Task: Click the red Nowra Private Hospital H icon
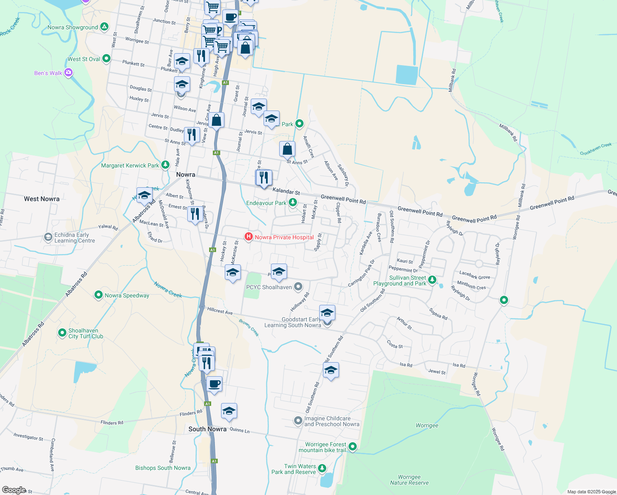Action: coord(248,237)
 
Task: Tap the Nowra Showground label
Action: coord(73,28)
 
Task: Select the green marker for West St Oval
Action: coord(106,59)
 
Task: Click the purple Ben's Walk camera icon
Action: coord(69,73)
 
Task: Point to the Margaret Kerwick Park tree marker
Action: coord(165,165)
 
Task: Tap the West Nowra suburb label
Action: coord(42,199)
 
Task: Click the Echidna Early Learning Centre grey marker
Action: coord(48,237)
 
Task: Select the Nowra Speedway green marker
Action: coord(99,295)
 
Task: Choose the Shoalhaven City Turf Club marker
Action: coord(62,332)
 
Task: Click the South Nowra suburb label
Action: coord(207,429)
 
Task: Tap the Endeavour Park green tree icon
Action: coord(292,203)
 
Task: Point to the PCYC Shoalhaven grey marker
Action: coord(298,287)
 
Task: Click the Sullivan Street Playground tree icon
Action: coord(432,280)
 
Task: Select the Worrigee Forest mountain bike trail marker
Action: coord(353,446)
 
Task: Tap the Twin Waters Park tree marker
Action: coord(322,468)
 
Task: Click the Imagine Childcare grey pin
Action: coord(298,421)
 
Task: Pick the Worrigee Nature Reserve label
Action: coord(410,480)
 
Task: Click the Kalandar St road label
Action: coord(286,192)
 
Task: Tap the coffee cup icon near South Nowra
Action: coord(214,384)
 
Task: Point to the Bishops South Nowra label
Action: coord(163,468)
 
